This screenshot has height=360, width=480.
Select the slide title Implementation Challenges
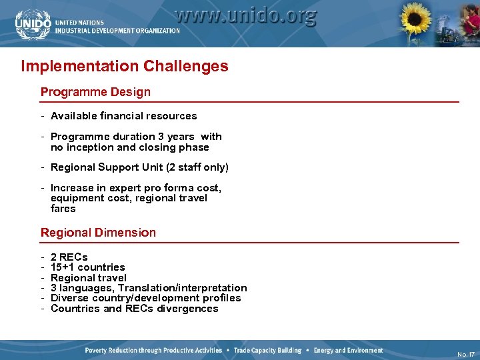[125, 66]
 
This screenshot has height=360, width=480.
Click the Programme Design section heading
[95, 92]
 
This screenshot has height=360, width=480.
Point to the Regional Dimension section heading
[98, 233]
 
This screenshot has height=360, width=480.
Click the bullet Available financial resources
[123, 116]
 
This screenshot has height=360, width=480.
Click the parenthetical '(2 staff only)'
[193, 167]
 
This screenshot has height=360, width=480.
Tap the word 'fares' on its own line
[63, 209]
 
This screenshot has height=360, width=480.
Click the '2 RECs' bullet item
[69, 257]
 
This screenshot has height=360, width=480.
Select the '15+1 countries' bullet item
[87, 267]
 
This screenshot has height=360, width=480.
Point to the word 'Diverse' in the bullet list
[68, 298]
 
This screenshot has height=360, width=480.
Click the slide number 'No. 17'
[466, 354]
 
